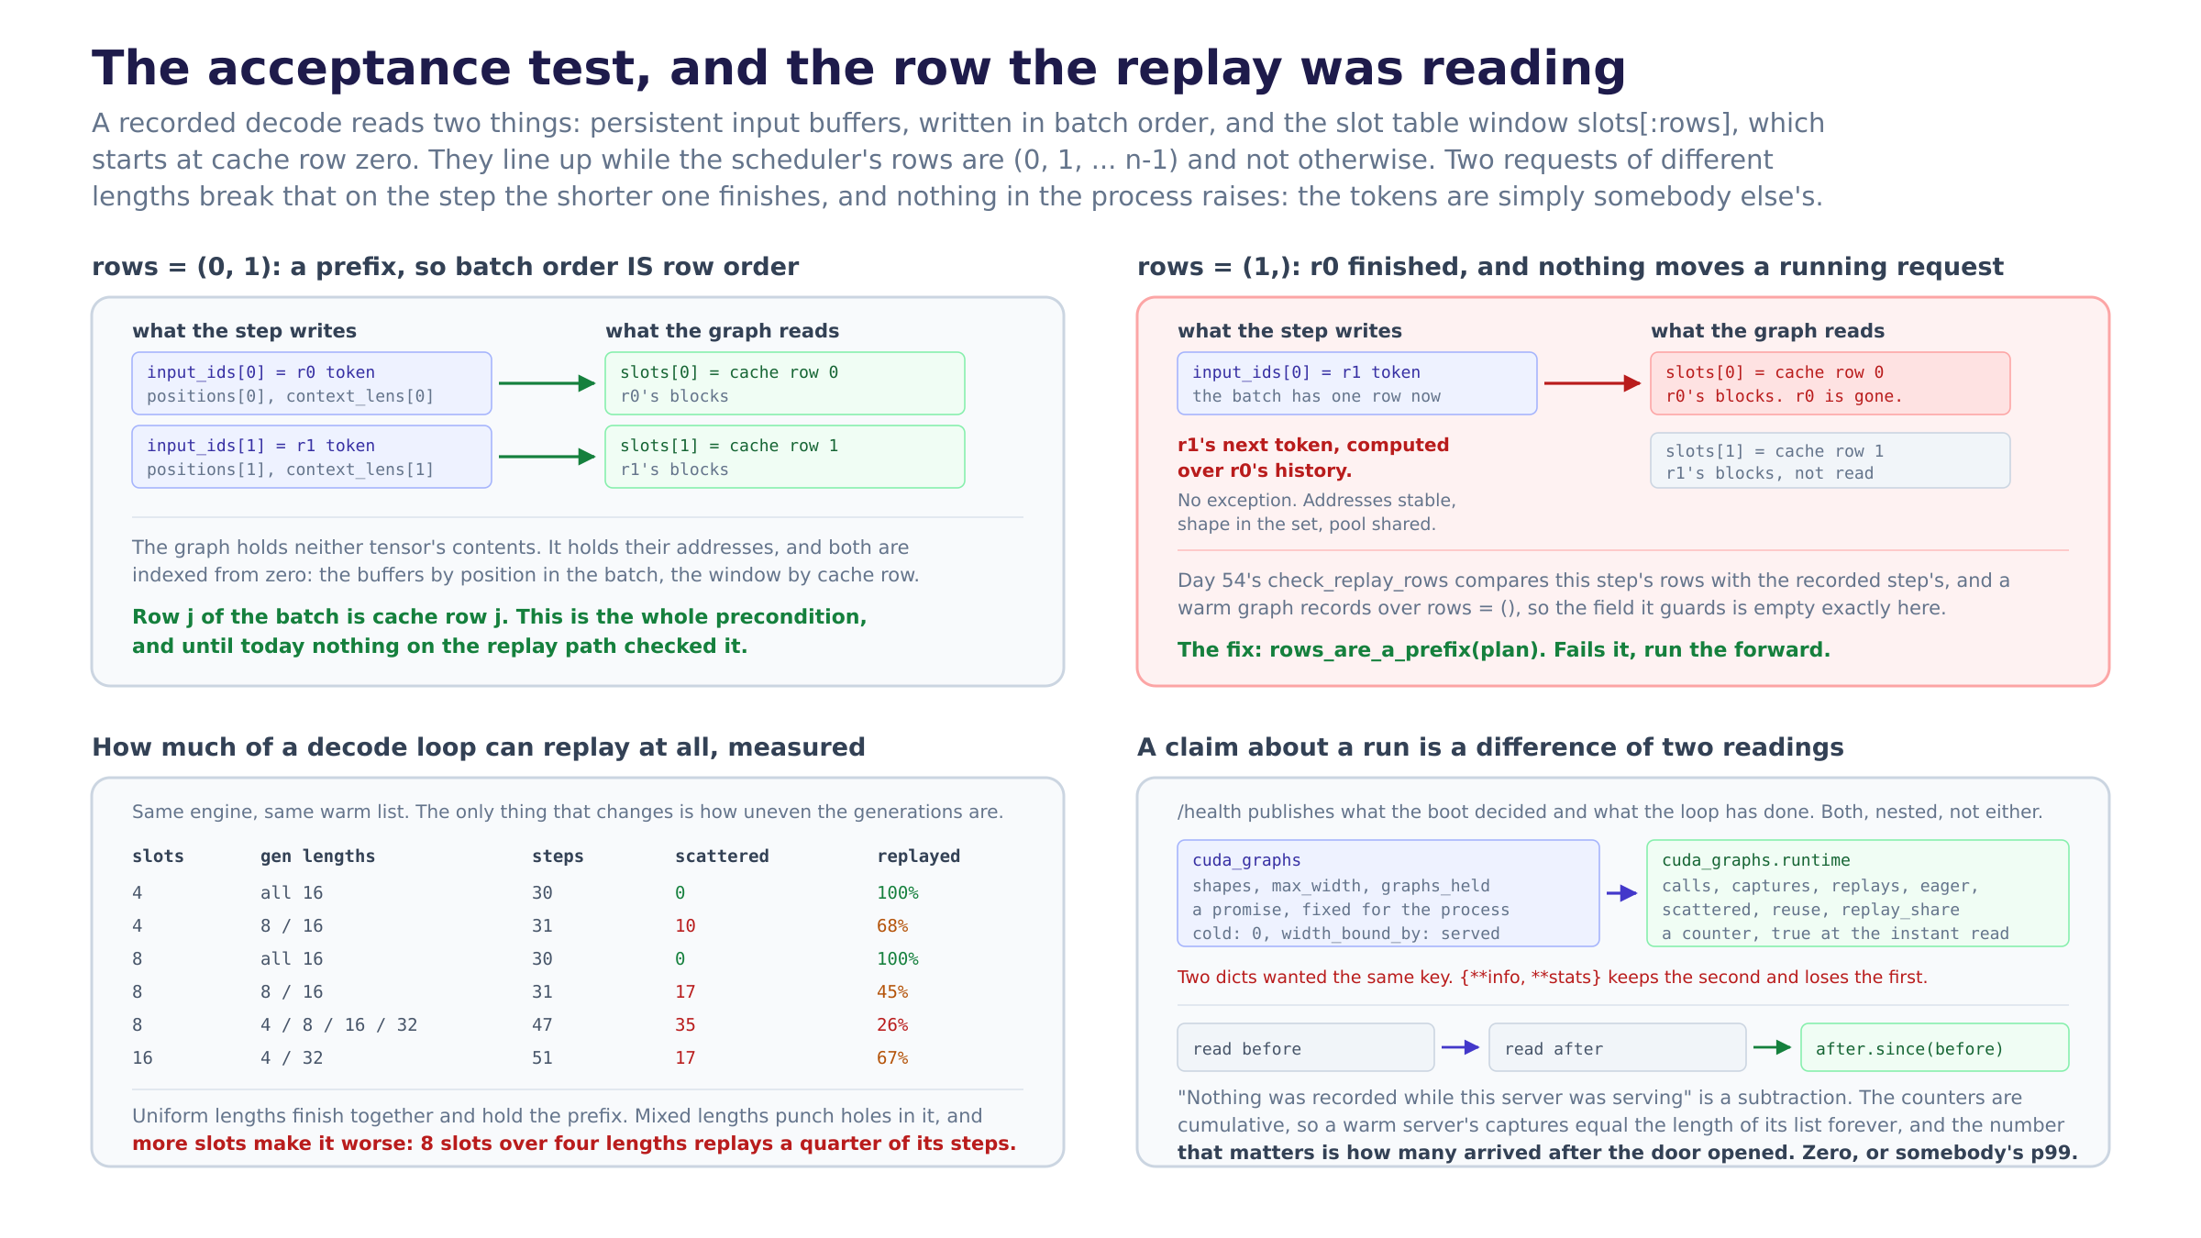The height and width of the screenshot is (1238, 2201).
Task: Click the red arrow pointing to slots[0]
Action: pyautogui.click(x=1593, y=383)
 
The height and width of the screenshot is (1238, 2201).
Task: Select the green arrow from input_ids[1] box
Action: pyautogui.click(x=547, y=457)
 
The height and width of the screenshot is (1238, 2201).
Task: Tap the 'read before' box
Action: pyautogui.click(x=1306, y=1047)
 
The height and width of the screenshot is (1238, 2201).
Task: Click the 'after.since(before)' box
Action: pyautogui.click(x=1935, y=1047)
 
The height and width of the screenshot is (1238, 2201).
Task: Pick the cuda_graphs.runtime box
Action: pyautogui.click(x=1858, y=893)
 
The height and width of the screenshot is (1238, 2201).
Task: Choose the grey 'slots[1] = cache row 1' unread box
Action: pyautogui.click(x=1830, y=460)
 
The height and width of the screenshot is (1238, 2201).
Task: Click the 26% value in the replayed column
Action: pyautogui.click(x=892, y=1025)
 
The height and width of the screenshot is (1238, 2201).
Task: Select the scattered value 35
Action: pyautogui.click(x=685, y=1025)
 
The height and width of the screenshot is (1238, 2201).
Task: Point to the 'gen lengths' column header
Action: pyautogui.click(x=317, y=857)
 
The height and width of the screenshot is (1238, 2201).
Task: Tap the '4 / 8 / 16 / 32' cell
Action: pyautogui.click(x=339, y=1025)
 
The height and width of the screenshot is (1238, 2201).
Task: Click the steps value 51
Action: pyautogui.click(x=542, y=1058)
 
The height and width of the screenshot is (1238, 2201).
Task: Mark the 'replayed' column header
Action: pyautogui.click(x=918, y=857)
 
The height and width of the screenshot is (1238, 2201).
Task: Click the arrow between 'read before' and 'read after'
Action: pyautogui.click(x=1461, y=1047)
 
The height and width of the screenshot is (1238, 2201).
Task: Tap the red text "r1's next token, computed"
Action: pyautogui.click(x=1313, y=445)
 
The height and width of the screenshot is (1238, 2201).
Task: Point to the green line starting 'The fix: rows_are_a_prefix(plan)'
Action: pyautogui.click(x=1504, y=650)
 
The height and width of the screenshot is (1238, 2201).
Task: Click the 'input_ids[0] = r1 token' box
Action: pyautogui.click(x=1357, y=383)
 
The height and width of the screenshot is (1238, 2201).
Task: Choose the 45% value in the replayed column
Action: pyautogui.click(x=892, y=992)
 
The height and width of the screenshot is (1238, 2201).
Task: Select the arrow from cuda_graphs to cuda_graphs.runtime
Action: pyautogui.click(x=1622, y=893)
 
